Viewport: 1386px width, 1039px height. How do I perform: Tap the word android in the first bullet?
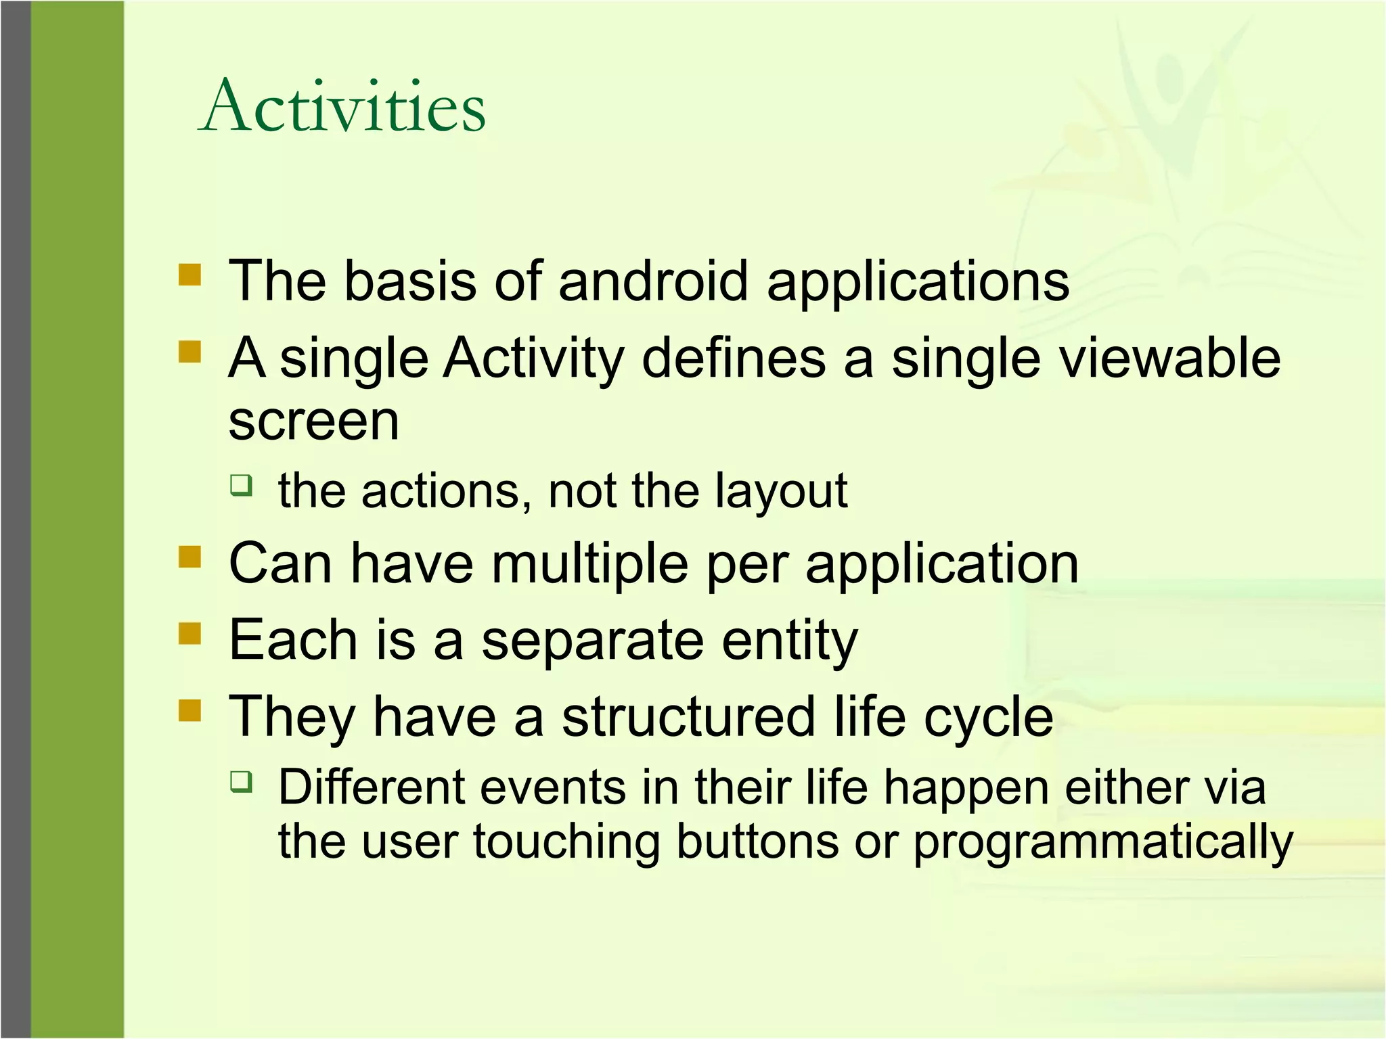652,281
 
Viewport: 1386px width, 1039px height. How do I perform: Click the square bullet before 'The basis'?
190,275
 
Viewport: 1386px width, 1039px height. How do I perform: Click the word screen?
313,421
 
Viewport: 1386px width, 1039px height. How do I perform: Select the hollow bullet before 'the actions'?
241,485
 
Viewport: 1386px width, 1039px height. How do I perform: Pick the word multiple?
589,564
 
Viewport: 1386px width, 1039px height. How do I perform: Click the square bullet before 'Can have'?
190,557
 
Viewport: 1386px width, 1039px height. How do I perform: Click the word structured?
688,717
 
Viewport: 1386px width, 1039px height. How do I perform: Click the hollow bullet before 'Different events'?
241,782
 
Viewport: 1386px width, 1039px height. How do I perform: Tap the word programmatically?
1102,844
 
